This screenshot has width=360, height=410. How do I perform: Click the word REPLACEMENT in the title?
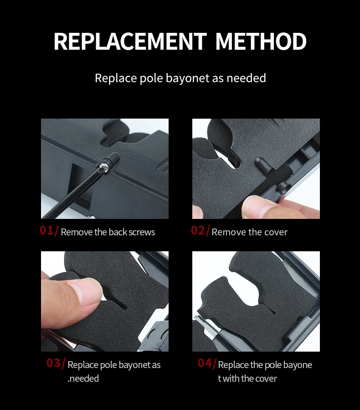click(x=130, y=42)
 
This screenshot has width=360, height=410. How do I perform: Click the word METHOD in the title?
click(x=261, y=42)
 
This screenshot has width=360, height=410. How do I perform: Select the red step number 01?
click(x=46, y=230)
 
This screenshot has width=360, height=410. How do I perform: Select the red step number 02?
click(x=198, y=230)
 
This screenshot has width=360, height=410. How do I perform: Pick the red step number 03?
click(x=53, y=363)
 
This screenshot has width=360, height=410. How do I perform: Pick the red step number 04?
click(x=205, y=363)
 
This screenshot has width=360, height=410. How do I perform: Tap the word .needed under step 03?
click(x=83, y=379)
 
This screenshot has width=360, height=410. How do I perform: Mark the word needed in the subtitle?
click(x=246, y=78)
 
